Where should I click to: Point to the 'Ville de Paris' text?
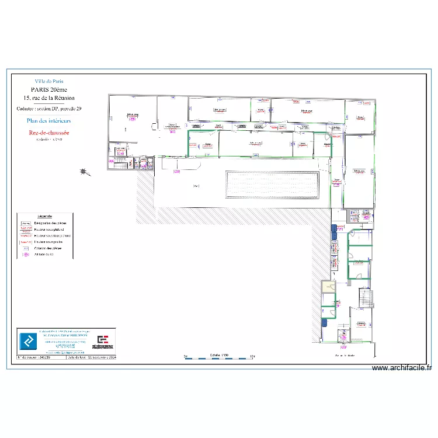click(50, 82)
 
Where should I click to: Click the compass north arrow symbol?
click(86, 172)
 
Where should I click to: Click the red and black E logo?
click(103, 341)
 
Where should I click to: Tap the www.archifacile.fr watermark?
click(402, 368)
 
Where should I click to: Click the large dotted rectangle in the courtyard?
click(272, 185)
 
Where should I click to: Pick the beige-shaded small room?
click(329, 287)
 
